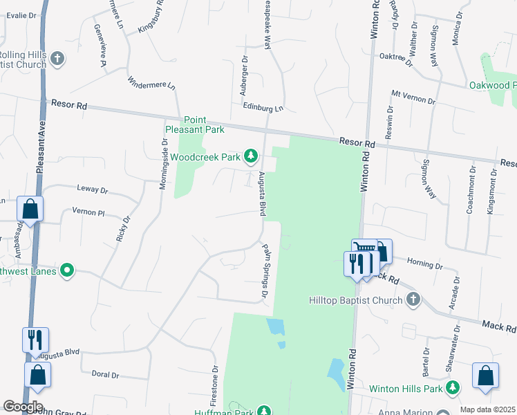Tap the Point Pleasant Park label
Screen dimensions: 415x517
pyautogui.click(x=195, y=124)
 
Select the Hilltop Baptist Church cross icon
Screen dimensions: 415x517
pyautogui.click(x=413, y=299)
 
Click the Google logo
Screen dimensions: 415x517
pyautogui.click(x=23, y=407)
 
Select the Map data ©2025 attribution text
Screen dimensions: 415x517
pyautogui.click(x=487, y=409)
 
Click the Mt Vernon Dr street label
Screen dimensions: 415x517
pyautogui.click(x=413, y=97)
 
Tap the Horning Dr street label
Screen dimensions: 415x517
pyautogui.click(x=424, y=264)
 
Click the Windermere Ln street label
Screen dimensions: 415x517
pyautogui.click(x=152, y=84)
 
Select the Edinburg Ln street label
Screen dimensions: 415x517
pyautogui.click(x=263, y=108)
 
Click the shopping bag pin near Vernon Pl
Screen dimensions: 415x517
pyautogui.click(x=30, y=209)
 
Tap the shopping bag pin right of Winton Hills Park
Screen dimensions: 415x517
pyautogui.click(x=485, y=376)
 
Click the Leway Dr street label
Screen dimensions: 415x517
pyautogui.click(x=94, y=190)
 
